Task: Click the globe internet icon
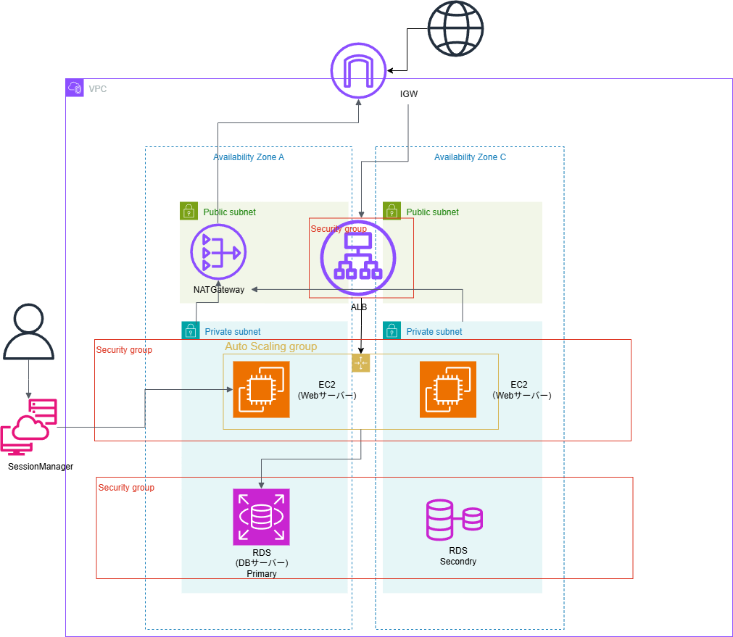[455, 28]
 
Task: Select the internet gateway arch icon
[358, 70]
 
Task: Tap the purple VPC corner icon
[75, 88]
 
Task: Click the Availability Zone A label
[249, 157]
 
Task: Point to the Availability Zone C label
[470, 157]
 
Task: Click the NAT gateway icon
[218, 252]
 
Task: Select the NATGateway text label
[219, 289]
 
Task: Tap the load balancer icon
[358, 257]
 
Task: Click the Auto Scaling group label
[270, 346]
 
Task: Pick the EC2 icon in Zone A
[261, 390]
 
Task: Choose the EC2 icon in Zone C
[448, 390]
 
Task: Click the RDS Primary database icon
[261, 517]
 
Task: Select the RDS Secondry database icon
[454, 519]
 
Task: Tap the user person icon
[28, 333]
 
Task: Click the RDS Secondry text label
[457, 556]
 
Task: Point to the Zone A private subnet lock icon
[190, 330]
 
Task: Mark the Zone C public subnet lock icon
[392, 211]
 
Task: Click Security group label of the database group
[126, 488]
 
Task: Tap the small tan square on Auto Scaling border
[361, 363]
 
